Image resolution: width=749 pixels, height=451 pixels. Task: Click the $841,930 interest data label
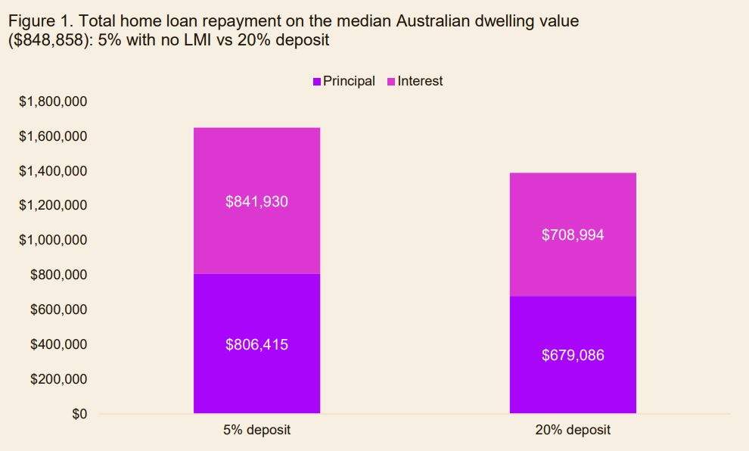click(x=256, y=202)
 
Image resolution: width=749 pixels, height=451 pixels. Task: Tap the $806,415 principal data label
click(x=256, y=344)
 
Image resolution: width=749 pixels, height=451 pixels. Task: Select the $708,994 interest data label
click(x=573, y=235)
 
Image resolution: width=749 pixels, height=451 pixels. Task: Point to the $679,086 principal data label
click(x=573, y=355)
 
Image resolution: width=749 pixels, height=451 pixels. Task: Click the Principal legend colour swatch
click(x=317, y=82)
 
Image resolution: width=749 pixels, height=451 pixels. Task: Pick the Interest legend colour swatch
click(x=391, y=82)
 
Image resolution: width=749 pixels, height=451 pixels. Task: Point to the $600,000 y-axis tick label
click(x=59, y=309)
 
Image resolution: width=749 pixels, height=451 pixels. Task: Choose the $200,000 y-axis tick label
click(x=59, y=379)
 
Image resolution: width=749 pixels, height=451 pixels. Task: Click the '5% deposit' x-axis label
click(x=256, y=431)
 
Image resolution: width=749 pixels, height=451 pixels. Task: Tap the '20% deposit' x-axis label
click(x=573, y=431)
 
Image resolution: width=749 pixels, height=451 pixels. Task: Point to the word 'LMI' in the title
click(x=208, y=40)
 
